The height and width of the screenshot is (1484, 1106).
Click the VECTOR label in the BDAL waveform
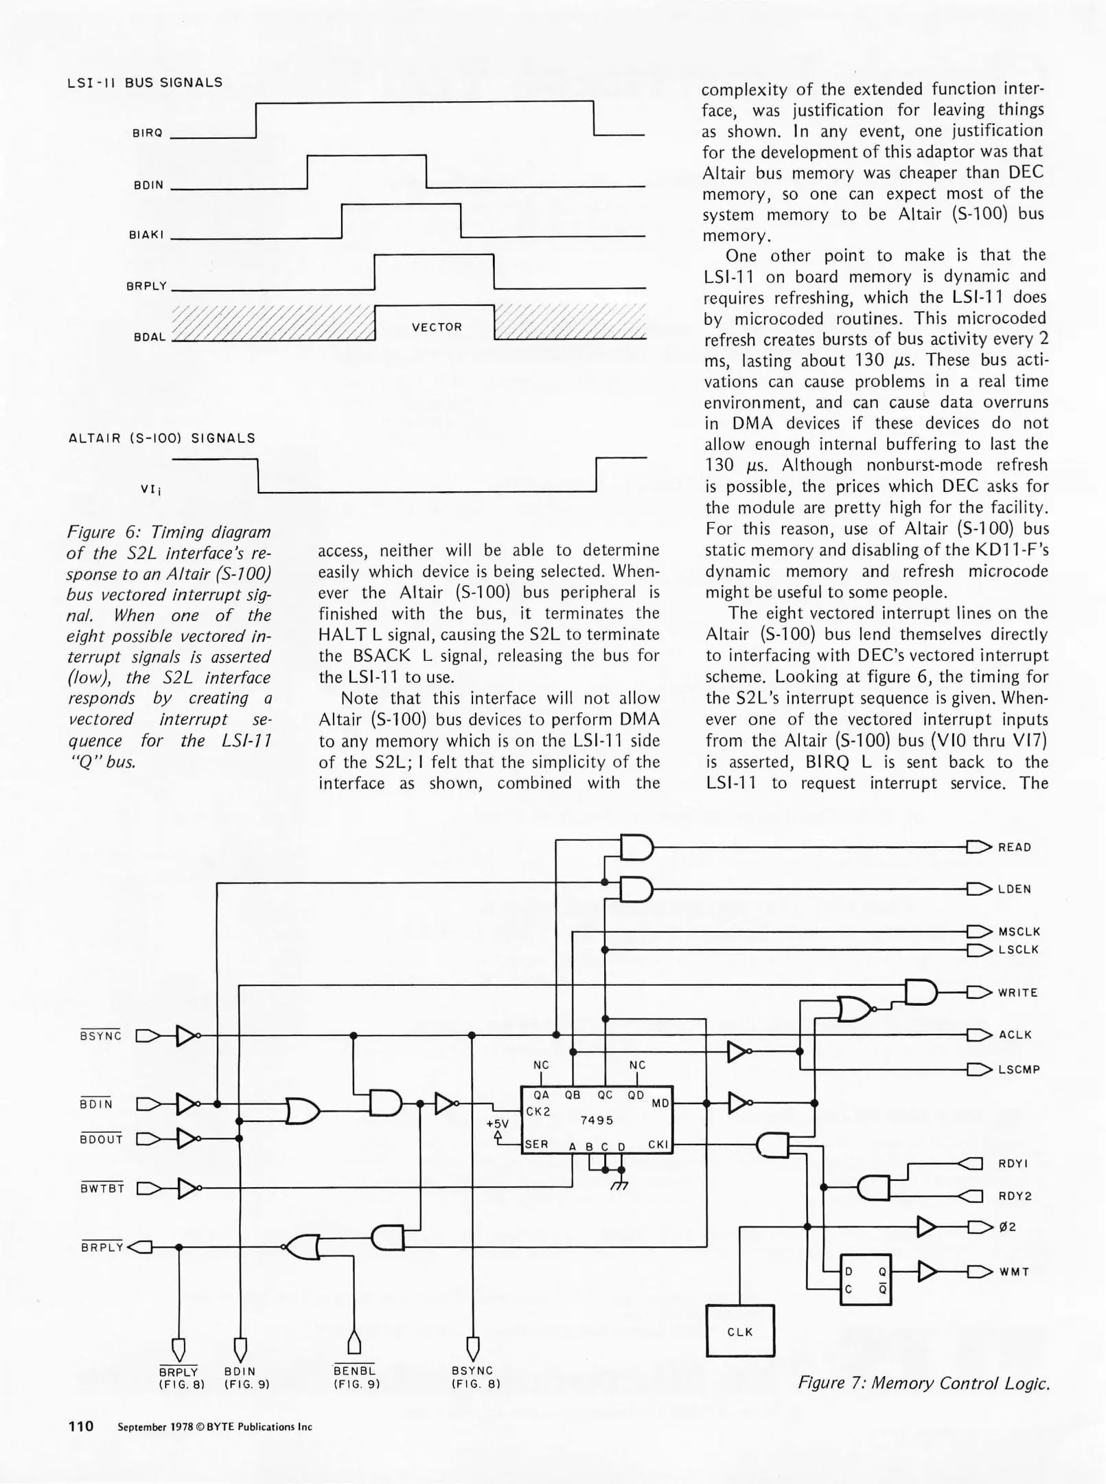pos(437,327)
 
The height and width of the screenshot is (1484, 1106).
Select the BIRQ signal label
pos(147,133)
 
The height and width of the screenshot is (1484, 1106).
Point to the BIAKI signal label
pos(146,235)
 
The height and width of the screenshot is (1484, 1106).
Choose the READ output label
pos(1015,848)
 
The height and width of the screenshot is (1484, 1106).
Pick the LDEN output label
pos(1015,889)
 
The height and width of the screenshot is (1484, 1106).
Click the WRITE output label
pos(1017,993)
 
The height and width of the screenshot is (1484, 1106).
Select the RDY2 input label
pos(1015,1196)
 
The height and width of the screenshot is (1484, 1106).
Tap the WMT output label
pos(1014,1272)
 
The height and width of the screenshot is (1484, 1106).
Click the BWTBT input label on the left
pos(102,1189)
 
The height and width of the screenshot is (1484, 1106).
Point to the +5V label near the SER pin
pos(498,1124)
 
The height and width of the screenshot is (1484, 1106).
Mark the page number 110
pos(81,1426)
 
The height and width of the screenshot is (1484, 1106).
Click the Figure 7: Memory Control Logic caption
pos(923,1383)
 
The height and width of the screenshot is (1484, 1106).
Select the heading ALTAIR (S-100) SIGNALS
pos(162,438)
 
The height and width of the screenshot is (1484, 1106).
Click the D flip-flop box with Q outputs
pos(865,1280)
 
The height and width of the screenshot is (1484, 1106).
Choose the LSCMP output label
pos(1019,1070)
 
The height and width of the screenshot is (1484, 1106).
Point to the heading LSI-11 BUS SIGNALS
pos(145,82)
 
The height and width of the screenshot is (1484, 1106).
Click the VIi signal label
pos(151,490)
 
